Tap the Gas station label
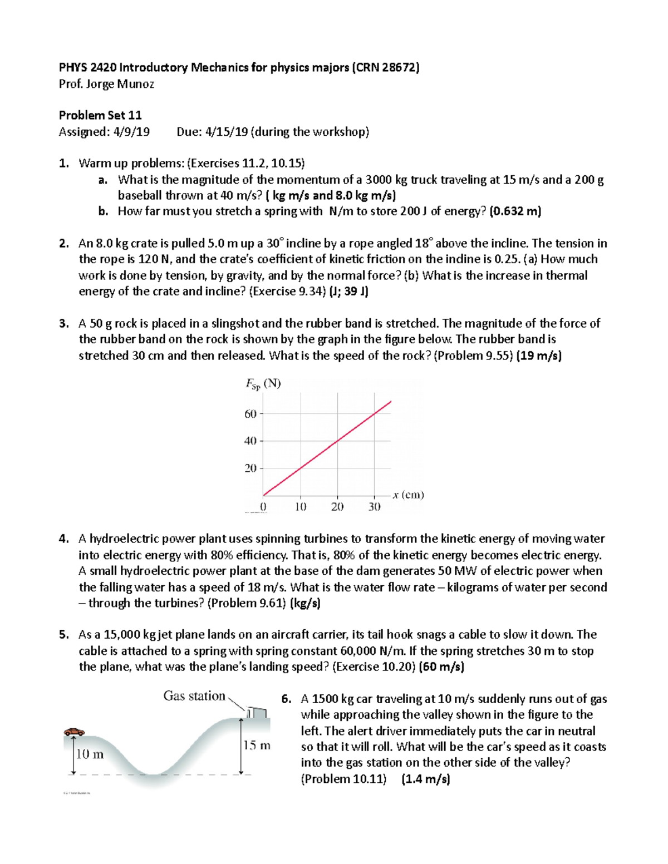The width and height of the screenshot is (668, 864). (194, 695)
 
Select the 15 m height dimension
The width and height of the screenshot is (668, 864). (257, 745)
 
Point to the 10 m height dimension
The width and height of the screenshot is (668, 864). (90, 754)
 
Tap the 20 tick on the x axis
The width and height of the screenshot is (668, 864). (337, 507)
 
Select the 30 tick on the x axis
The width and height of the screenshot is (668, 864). (374, 507)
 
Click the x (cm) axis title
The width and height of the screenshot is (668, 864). (408, 495)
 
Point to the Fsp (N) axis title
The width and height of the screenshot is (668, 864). (263, 384)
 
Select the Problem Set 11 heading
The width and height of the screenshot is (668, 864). (100, 115)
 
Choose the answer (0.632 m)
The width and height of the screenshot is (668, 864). (515, 211)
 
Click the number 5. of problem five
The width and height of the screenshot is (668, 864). (64, 635)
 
